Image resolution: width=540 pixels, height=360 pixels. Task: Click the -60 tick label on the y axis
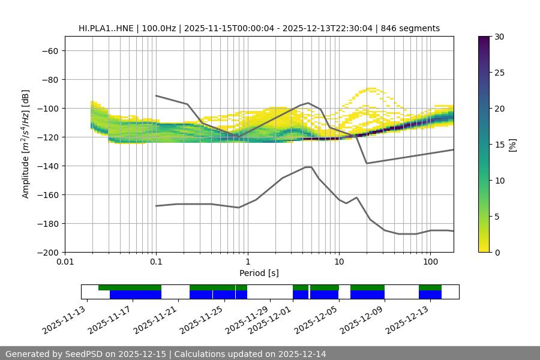pyautogui.click(x=49, y=50)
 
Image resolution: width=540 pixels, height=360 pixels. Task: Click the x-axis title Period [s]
pyautogui.click(x=259, y=274)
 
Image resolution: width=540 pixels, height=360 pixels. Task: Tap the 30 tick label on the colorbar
pyautogui.click(x=499, y=37)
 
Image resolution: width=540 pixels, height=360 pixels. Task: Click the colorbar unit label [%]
pyautogui.click(x=512, y=145)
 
